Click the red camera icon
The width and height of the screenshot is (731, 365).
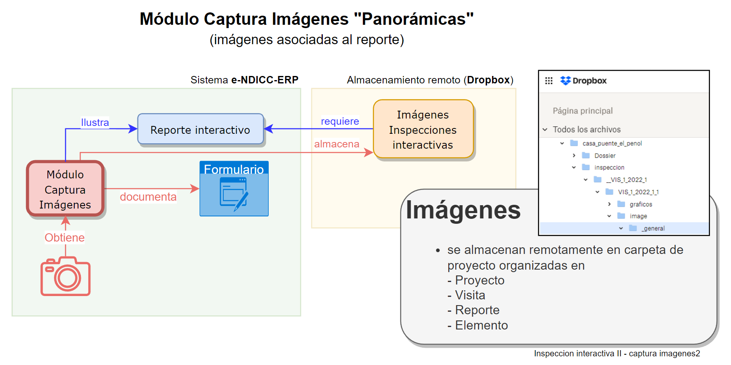click(x=65, y=276)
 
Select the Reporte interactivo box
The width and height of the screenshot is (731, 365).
click(x=200, y=130)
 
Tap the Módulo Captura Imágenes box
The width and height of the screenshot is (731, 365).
click(x=65, y=189)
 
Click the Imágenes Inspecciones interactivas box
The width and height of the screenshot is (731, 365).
click(x=423, y=129)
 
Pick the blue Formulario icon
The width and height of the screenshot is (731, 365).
click(x=234, y=189)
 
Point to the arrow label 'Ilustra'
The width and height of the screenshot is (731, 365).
click(x=95, y=123)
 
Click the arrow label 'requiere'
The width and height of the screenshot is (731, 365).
click(x=340, y=121)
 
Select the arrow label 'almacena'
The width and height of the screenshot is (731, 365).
click(x=336, y=144)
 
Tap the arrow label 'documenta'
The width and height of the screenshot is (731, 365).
click(x=148, y=197)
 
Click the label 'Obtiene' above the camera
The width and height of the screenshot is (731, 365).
click(x=65, y=238)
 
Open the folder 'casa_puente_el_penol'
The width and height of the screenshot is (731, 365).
click(x=612, y=143)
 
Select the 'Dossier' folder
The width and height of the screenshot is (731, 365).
click(x=605, y=156)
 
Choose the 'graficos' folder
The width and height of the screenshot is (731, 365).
click(x=641, y=204)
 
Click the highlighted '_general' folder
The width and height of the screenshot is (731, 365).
click(x=653, y=228)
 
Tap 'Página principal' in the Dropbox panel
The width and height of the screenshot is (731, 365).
click(x=582, y=111)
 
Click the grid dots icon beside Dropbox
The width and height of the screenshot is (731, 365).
click(x=549, y=81)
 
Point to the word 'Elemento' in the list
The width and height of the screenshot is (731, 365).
click(x=481, y=325)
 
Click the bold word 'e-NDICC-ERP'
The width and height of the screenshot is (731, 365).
click(x=265, y=80)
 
